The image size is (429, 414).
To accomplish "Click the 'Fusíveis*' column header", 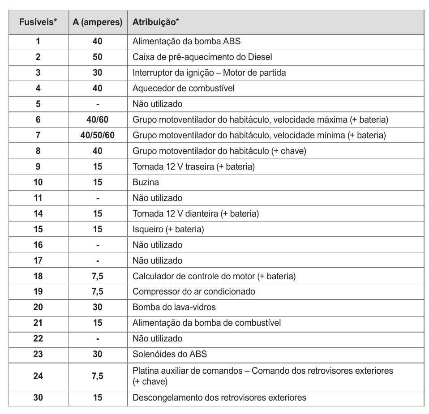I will coord(38,22).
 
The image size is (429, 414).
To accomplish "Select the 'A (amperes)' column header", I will coord(98,22).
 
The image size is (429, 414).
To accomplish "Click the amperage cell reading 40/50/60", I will coord(98,135).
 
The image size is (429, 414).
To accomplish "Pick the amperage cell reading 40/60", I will coord(98,120).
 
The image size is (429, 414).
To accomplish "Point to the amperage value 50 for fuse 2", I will coord(98,57).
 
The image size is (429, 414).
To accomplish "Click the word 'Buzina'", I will coord(146,182).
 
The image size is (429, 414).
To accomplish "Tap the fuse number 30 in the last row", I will coord(38,397).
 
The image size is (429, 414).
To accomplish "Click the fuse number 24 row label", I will coord(38,376).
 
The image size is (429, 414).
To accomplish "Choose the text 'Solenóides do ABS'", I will coord(170,354).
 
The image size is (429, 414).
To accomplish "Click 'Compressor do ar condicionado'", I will coord(193,291).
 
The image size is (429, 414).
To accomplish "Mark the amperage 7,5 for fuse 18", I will coord(98,276).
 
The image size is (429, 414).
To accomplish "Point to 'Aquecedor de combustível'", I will coord(183,88).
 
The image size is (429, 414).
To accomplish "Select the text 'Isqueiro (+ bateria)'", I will coord(168,229).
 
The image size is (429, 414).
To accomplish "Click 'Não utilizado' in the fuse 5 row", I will coord(157,104).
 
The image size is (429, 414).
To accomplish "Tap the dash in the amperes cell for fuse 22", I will coord(98,338).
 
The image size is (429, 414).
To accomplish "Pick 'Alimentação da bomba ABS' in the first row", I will coord(186,42).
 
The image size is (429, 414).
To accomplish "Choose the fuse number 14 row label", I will coord(38,213).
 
